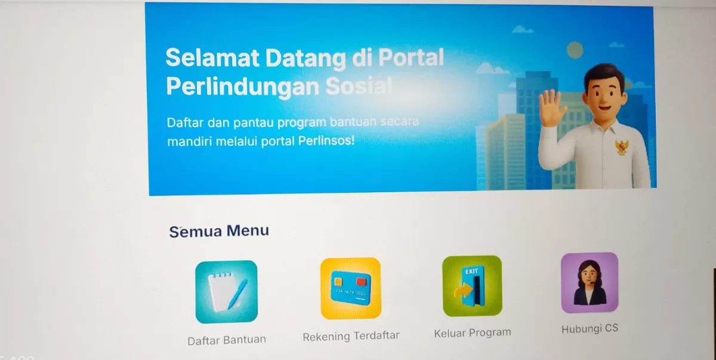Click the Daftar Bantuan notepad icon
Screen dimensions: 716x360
226,291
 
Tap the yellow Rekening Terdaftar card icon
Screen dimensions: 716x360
351,288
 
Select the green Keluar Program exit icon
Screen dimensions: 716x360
472,286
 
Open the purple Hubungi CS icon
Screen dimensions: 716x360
590,282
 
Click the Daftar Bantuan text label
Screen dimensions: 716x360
227,340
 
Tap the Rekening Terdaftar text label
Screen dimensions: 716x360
351,336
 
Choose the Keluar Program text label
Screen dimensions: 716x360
473,333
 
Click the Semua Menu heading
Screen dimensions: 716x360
219,231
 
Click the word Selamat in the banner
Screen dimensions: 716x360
212,57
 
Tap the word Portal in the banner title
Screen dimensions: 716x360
411,57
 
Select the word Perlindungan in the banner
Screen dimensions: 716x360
243,87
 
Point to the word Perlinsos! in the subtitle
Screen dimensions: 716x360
326,140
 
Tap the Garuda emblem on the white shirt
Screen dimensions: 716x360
622,147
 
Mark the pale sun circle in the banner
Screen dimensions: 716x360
575,50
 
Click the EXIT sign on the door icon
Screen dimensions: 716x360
471,272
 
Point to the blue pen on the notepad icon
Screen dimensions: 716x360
237,294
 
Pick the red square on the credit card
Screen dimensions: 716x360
361,281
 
